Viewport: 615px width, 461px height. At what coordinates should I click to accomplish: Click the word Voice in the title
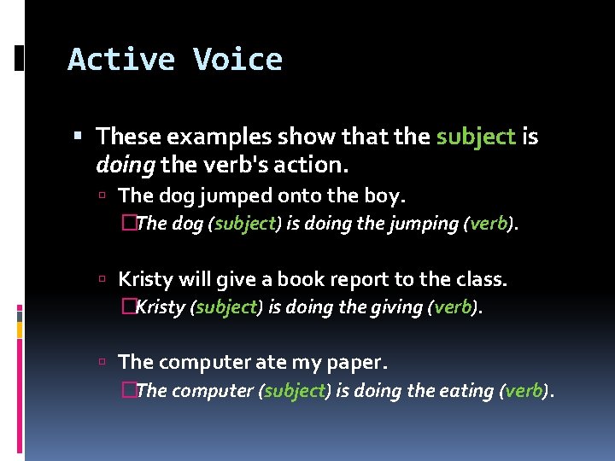tap(237, 60)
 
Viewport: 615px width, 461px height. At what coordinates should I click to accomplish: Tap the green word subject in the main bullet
tap(476, 137)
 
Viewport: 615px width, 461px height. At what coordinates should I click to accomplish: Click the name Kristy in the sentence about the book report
tap(144, 279)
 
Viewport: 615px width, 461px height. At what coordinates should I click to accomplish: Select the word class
tap(481, 279)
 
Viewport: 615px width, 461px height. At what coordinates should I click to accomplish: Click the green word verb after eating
tap(524, 391)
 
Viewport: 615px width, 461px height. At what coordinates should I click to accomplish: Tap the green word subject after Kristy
tap(226, 307)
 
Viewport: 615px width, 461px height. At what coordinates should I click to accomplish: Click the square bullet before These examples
tap(79, 137)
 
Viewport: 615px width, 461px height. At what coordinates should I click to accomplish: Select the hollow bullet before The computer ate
tap(102, 363)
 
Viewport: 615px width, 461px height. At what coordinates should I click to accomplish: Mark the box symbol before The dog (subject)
tap(128, 224)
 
